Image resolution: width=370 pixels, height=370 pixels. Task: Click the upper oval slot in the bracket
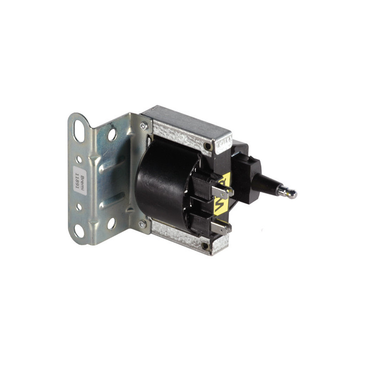(x=79, y=130)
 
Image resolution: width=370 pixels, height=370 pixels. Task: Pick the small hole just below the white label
(x=79, y=207)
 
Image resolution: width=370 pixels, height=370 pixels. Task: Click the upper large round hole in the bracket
(x=112, y=135)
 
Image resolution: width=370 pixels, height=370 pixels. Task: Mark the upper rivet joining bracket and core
(x=145, y=126)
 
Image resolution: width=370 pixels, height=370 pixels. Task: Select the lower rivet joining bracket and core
(x=142, y=224)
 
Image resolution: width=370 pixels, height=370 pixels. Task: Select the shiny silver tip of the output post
(x=291, y=194)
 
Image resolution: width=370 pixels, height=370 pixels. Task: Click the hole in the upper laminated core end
(x=208, y=147)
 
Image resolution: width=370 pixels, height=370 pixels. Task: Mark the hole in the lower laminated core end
(x=205, y=246)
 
